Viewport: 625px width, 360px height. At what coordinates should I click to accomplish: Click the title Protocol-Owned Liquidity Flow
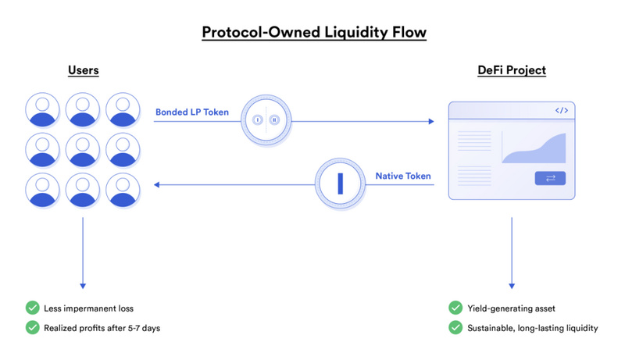(x=313, y=33)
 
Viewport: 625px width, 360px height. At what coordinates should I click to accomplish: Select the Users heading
(x=83, y=71)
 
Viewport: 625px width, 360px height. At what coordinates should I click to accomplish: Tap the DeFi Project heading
(x=512, y=71)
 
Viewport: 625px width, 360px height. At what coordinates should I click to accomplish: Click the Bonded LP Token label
(x=192, y=112)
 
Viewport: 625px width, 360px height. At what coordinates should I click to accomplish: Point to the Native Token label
(x=403, y=176)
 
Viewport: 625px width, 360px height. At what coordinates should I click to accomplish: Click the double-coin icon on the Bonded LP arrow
(x=265, y=120)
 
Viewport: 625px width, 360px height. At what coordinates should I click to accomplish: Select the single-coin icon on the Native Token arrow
(x=340, y=184)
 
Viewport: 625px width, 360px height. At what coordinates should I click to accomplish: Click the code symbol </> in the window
(x=561, y=111)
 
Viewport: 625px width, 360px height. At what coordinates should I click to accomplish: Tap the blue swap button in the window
(x=550, y=179)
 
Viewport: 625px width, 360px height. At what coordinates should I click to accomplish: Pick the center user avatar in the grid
(x=83, y=148)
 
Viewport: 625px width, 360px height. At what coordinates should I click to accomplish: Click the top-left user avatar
(x=43, y=109)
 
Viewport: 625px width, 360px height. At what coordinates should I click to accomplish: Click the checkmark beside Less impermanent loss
(x=33, y=308)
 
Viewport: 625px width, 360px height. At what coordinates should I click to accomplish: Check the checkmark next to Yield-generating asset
(x=455, y=308)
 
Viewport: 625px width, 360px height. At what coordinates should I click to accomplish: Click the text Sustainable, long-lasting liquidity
(x=533, y=328)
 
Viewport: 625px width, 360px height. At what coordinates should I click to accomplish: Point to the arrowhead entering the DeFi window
(x=430, y=121)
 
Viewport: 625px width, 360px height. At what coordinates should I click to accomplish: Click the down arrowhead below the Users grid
(x=83, y=285)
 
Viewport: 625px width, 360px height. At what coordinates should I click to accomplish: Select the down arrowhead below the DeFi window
(x=512, y=285)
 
